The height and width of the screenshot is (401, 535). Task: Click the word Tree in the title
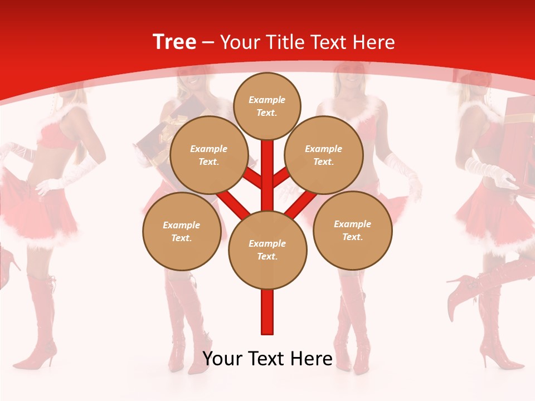click(x=174, y=42)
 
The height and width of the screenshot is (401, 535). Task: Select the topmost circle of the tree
click(x=267, y=106)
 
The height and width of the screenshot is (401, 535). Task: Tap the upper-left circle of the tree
click(x=209, y=155)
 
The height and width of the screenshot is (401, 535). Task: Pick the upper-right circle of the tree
click(x=324, y=155)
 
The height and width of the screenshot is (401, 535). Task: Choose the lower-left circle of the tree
click(x=182, y=231)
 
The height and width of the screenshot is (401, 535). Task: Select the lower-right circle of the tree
click(x=353, y=230)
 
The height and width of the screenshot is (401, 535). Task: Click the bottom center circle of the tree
click(x=267, y=250)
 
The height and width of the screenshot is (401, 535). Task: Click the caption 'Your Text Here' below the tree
click(x=267, y=358)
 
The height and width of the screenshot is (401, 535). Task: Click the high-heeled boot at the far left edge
click(x=7, y=267)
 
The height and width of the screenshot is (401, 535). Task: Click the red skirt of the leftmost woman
click(x=42, y=217)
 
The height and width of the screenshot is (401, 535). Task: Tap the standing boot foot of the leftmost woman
click(x=36, y=356)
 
